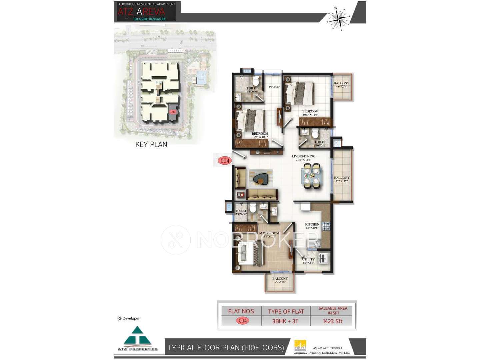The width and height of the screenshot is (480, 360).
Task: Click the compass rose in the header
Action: pos(339,18)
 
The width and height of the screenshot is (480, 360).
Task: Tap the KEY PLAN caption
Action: pos(151,144)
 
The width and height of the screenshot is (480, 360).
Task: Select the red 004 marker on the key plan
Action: pos(173,112)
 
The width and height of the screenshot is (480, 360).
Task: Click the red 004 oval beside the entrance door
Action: pos(225,161)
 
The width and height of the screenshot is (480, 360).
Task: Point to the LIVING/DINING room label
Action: pos(303,158)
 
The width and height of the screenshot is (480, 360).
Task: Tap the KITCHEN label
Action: pos(312,226)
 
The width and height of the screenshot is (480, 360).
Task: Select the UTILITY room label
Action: pos(308,261)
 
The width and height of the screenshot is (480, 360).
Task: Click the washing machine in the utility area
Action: pos(323,258)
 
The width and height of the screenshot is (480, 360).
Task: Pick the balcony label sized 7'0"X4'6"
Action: pos(280,280)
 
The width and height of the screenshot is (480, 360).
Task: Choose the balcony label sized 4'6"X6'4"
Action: pos(341,85)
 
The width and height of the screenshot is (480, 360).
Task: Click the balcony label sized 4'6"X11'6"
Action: pos(342,179)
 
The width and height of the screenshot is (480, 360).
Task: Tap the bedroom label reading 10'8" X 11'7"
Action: pos(310,113)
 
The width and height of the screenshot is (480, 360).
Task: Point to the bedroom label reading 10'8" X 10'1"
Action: pos(260,135)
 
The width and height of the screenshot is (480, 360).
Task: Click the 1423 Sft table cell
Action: pos(333,321)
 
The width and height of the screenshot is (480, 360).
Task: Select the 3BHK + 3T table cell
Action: pos(285,321)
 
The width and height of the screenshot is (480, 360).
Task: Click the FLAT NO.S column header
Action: pos(241,311)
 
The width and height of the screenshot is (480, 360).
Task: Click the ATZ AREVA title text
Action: pos(141,12)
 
